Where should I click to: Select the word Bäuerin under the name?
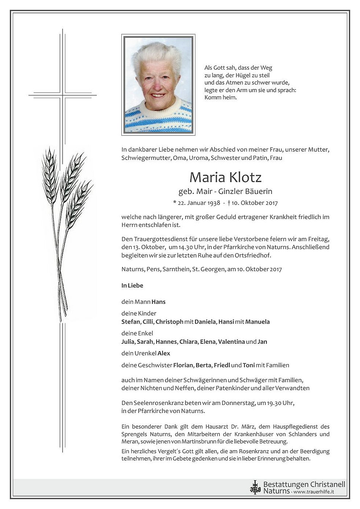coord(260,191)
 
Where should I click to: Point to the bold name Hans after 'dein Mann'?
coord(158,302)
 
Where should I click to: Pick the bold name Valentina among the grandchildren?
coord(231,342)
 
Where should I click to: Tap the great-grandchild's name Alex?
coord(164,354)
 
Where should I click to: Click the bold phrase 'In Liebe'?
coord(132,285)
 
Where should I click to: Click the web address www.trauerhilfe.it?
coord(314,492)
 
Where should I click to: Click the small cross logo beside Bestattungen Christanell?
coord(254,487)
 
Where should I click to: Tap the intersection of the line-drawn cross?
coord(63,96)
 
